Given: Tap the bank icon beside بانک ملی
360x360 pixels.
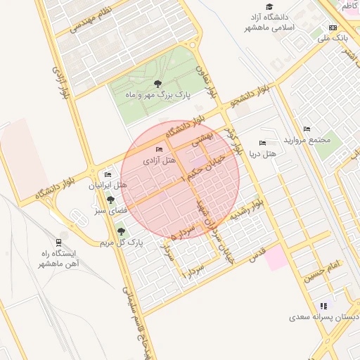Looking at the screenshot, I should click(x=333, y=29).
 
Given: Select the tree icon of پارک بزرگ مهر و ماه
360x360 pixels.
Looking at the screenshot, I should click(x=156, y=83).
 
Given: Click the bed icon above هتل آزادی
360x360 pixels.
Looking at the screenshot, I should click(x=159, y=149).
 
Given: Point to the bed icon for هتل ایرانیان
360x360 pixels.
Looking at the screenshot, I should click(x=108, y=174).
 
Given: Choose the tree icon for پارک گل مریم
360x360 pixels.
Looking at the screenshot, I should click(x=121, y=231).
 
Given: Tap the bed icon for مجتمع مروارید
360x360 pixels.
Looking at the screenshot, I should click(x=307, y=129).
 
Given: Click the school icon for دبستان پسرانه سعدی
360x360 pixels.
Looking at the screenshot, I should click(x=323, y=306).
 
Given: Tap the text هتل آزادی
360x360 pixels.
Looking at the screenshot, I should click(x=160, y=160).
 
